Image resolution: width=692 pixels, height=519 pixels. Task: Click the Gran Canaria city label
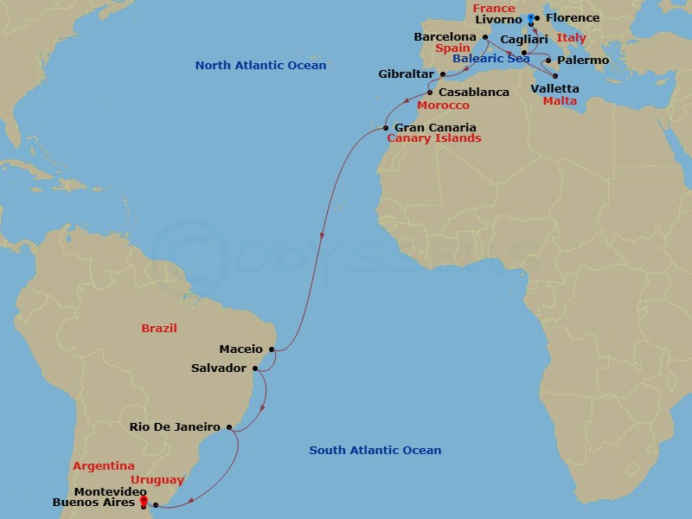click(x=436, y=127)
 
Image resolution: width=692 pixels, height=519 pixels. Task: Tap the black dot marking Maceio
click(x=272, y=349)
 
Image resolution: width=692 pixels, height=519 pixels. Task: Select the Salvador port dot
click(x=255, y=368)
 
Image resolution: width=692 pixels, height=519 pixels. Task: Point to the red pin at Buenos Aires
click(x=143, y=499)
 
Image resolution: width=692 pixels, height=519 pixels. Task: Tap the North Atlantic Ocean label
click(x=260, y=66)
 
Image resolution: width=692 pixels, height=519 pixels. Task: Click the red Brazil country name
click(x=159, y=329)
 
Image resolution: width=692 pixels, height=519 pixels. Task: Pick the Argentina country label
click(x=103, y=465)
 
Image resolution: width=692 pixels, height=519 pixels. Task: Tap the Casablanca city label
click(x=473, y=92)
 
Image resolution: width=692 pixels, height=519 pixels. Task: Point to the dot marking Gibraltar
click(x=443, y=75)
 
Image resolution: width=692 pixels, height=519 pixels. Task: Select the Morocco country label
click(x=443, y=106)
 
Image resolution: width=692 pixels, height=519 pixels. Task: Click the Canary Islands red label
click(x=433, y=138)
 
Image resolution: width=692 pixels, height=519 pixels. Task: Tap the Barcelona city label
click(x=445, y=37)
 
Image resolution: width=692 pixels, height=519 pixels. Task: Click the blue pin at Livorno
click(x=530, y=18)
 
